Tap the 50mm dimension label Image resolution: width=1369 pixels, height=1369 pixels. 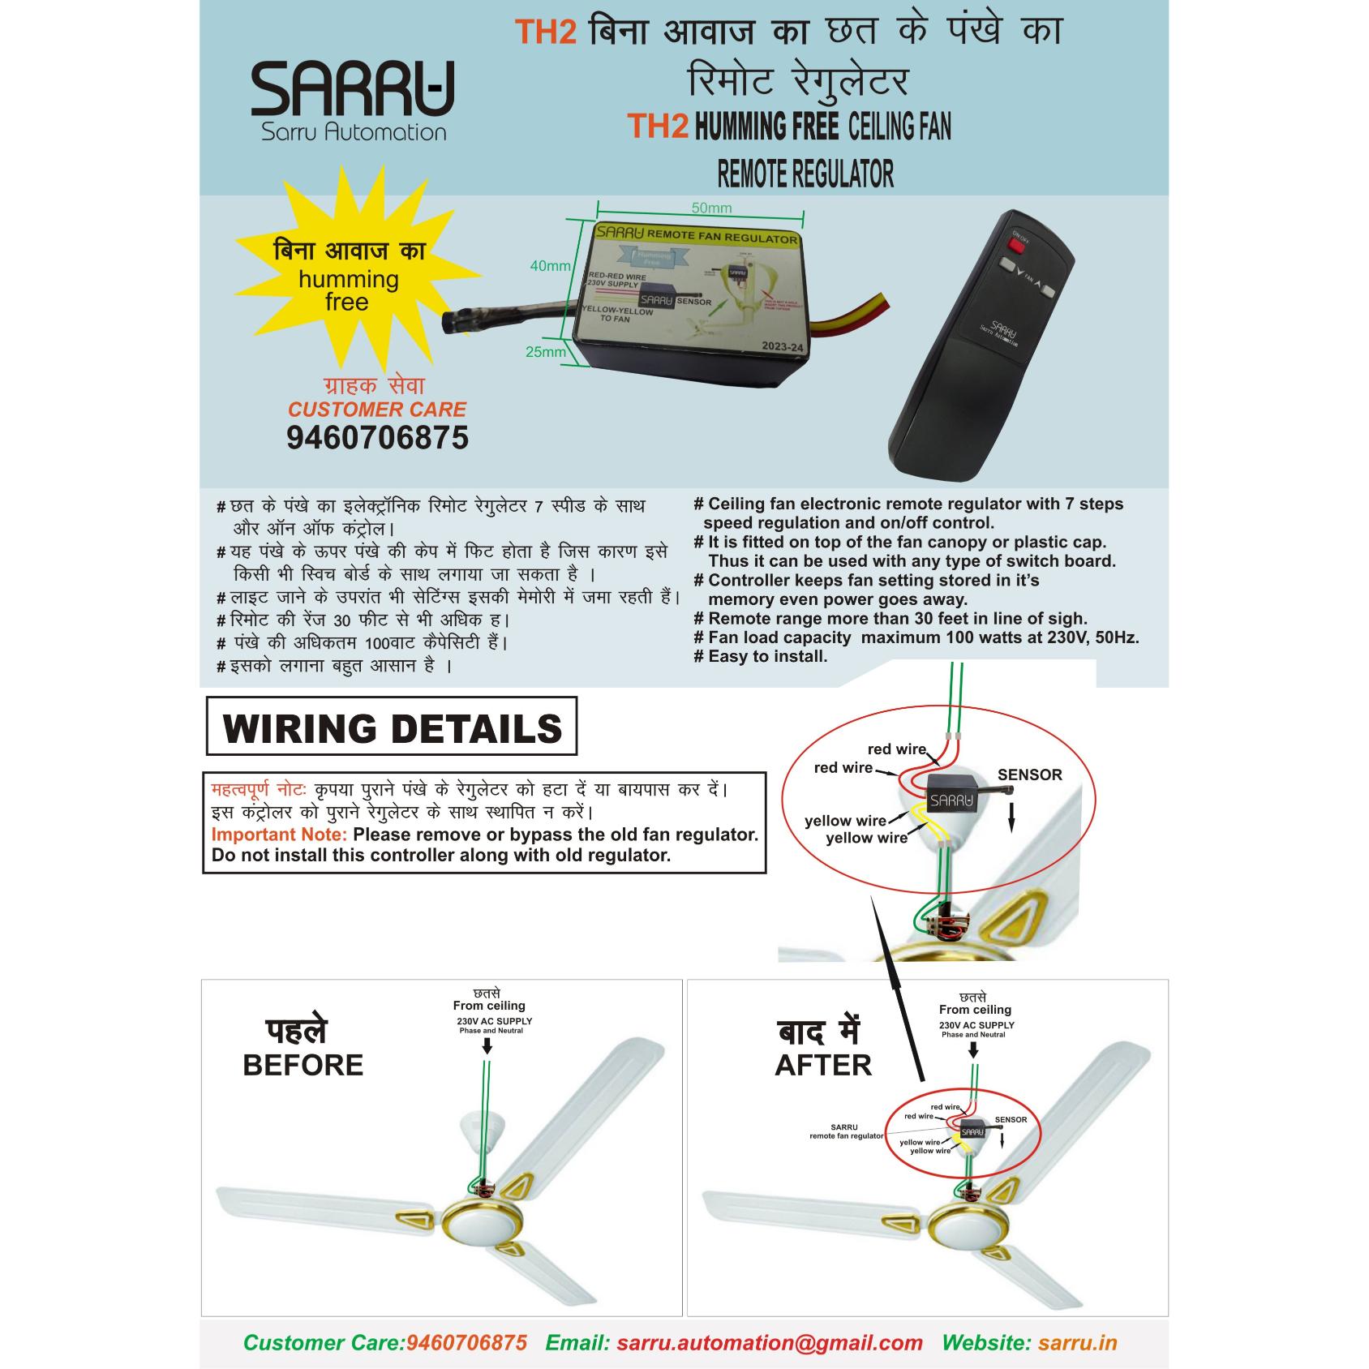(x=711, y=208)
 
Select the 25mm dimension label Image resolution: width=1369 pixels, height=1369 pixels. (x=545, y=352)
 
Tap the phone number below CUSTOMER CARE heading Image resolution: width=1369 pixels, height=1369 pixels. (x=377, y=438)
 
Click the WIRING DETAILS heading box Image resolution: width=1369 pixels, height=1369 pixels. (x=392, y=727)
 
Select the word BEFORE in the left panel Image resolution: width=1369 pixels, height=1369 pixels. (x=303, y=1065)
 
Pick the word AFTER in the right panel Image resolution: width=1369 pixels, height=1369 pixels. (x=823, y=1065)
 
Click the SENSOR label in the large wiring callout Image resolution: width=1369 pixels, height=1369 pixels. (x=1029, y=775)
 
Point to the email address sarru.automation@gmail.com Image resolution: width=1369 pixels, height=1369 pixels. (x=769, y=1342)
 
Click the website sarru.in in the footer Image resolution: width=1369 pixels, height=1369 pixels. (x=1077, y=1342)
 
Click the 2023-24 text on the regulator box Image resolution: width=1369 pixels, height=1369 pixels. (x=781, y=346)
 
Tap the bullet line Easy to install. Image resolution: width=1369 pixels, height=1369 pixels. (x=766, y=656)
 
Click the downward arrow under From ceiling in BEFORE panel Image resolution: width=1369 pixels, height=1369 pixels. (x=487, y=1046)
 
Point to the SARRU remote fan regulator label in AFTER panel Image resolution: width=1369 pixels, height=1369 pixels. (x=845, y=1131)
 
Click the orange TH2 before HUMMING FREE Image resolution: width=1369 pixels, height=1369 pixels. (x=658, y=127)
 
